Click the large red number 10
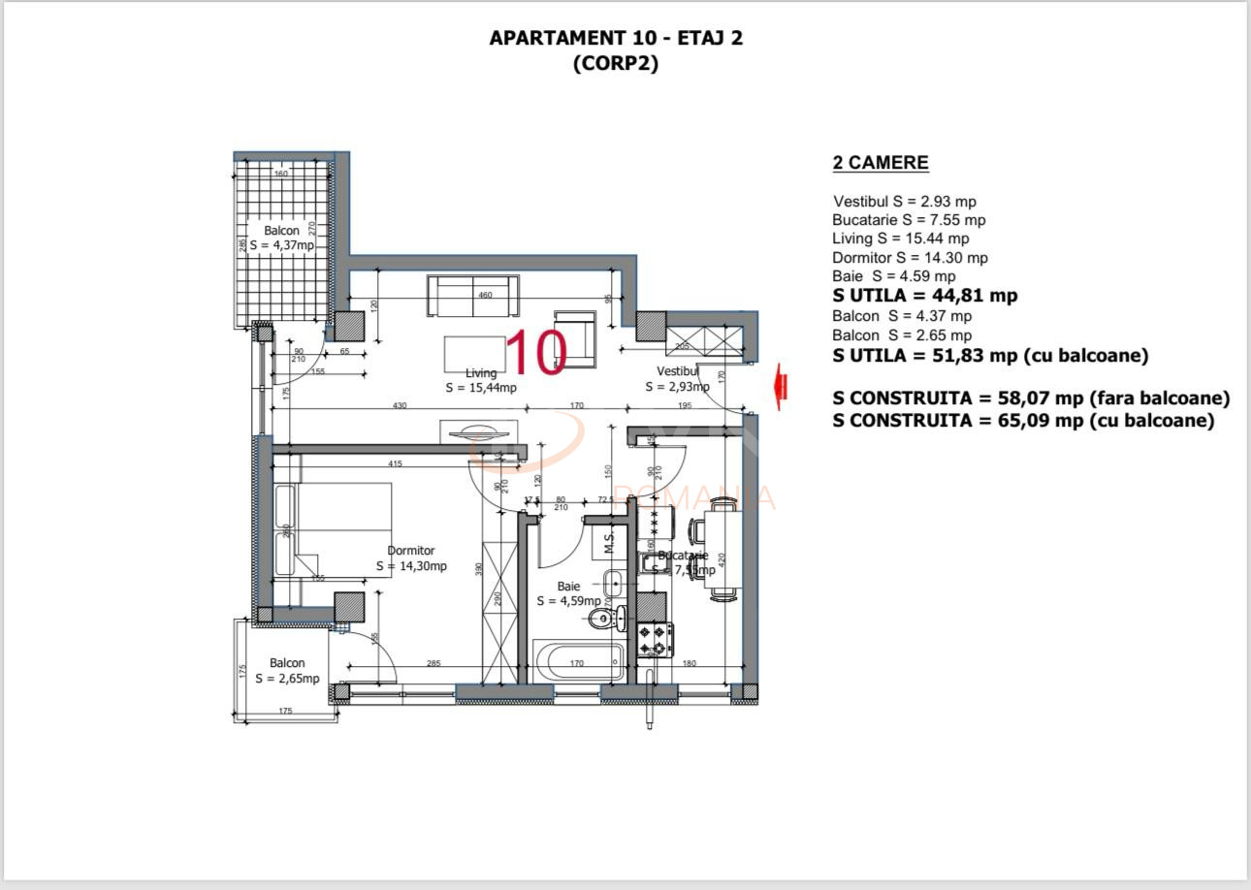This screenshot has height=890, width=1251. tap(536, 353)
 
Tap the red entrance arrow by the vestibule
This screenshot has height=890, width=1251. tap(778, 386)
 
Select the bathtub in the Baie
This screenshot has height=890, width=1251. tap(579, 663)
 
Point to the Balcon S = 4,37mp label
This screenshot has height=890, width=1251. tap(282, 238)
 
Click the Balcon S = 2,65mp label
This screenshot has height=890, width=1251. tap(287, 671)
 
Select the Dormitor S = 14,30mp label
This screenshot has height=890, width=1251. tap(411, 558)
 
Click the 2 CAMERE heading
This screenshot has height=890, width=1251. tap(881, 163)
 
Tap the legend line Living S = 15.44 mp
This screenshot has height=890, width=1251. tap(900, 238)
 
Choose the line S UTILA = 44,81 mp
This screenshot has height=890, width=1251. tap(925, 296)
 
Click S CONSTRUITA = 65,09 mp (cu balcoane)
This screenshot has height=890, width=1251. tap(1023, 421)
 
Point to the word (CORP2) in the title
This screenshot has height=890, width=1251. tap(616, 64)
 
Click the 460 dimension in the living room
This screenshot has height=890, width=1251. tap(485, 295)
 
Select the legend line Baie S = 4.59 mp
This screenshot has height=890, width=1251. tap(893, 276)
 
